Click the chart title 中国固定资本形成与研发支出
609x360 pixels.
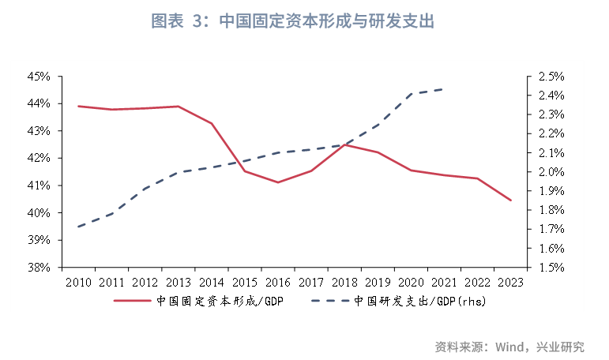[x=325, y=22]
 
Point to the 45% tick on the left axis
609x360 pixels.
[x=39, y=77]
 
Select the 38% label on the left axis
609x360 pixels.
[x=39, y=267]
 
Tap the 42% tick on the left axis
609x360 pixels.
[x=39, y=158]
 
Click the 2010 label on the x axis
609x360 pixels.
[x=78, y=282]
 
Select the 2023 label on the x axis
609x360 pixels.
[x=509, y=282]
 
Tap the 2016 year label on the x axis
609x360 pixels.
[x=277, y=282]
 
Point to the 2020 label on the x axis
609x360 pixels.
[x=410, y=282]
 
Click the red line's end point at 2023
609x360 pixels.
[x=510, y=201]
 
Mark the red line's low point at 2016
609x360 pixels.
[x=277, y=182]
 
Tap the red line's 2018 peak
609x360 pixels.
[x=344, y=144]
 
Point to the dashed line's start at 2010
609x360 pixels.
[x=78, y=227]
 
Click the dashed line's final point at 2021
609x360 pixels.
[x=443, y=89]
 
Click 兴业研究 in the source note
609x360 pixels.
[x=560, y=347]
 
